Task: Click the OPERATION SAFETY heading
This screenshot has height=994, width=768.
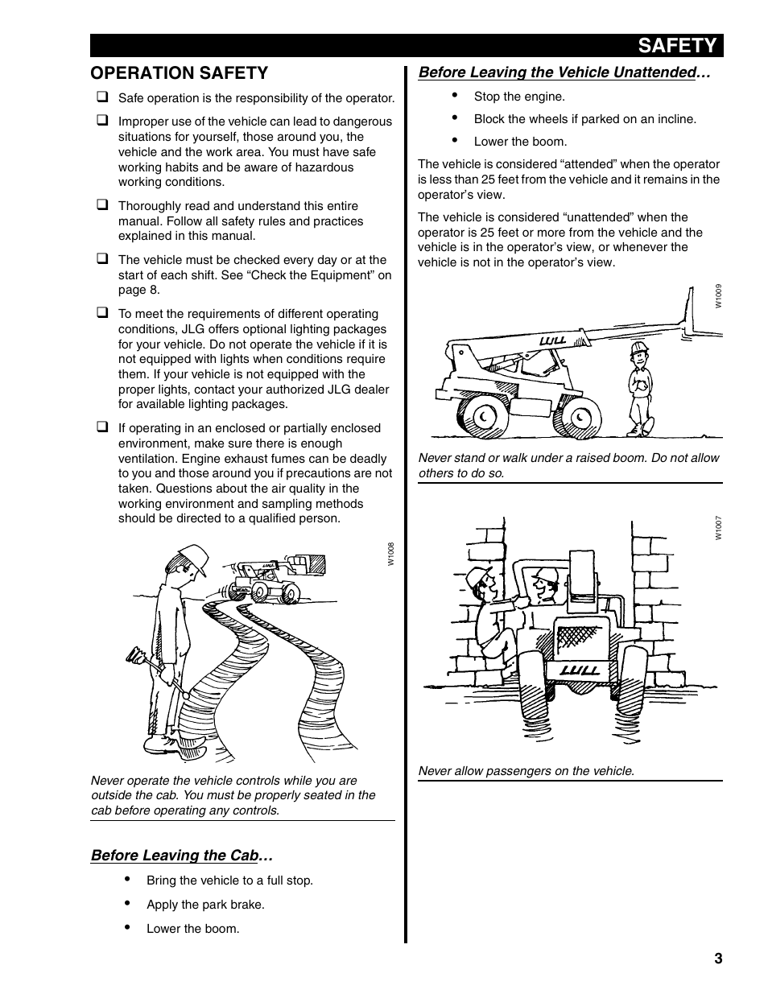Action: pyautogui.click(x=179, y=73)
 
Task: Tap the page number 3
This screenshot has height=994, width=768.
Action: pyautogui.click(x=717, y=958)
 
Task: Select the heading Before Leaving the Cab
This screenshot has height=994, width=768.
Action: pyautogui.click(x=182, y=855)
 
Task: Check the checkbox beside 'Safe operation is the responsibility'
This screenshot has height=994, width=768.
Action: pyautogui.click(x=103, y=97)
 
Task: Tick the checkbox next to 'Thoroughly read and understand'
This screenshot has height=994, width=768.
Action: pyautogui.click(x=103, y=205)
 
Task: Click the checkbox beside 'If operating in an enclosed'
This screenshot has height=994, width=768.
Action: pyautogui.click(x=103, y=427)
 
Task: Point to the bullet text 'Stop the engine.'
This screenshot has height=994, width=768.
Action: pyautogui.click(x=519, y=97)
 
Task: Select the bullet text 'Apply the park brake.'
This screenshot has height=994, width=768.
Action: pyautogui.click(x=205, y=905)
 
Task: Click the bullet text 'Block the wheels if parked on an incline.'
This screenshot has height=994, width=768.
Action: pyautogui.click(x=584, y=119)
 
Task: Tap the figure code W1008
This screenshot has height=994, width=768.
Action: pyautogui.click(x=390, y=554)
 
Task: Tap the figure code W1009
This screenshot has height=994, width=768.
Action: pyautogui.click(x=718, y=297)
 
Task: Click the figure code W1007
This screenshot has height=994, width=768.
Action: pyautogui.click(x=718, y=528)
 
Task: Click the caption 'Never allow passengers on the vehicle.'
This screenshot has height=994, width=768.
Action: pyautogui.click(x=526, y=771)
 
